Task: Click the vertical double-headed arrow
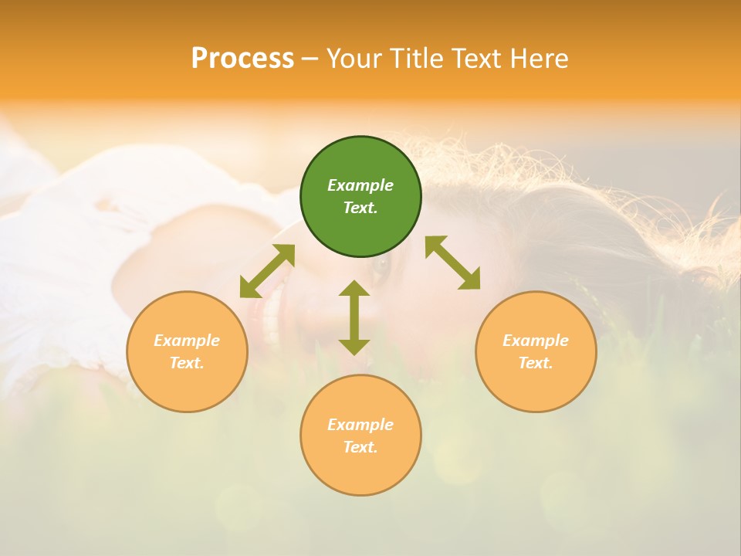coord(354,317)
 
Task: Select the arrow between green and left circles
coord(267,271)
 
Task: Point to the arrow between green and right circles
coord(453,263)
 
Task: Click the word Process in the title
coord(242,59)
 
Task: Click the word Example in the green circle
coord(360,185)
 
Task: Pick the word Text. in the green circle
coord(360,208)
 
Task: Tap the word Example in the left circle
coord(187,341)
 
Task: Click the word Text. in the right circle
coord(536,363)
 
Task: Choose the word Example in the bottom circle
coord(360,425)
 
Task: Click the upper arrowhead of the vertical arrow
coord(354,289)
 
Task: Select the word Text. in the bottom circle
coord(360,447)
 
